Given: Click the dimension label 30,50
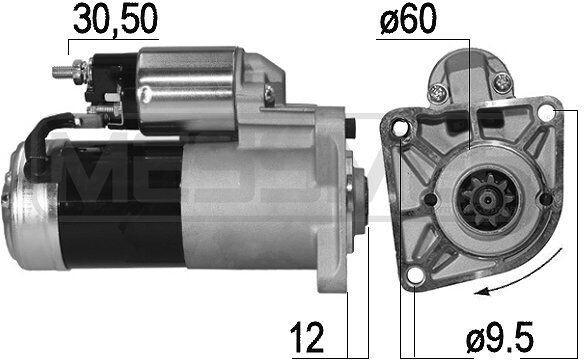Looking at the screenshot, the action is pos(115,19).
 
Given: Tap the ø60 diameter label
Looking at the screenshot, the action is pos(408,19).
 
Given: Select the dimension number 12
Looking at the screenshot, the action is pos(307,337).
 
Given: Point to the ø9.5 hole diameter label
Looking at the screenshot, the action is pos(500,337).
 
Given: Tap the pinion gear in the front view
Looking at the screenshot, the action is pos(486,200).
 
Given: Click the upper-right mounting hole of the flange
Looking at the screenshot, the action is pos(547,112).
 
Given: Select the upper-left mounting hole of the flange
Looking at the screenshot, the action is pos(400,128).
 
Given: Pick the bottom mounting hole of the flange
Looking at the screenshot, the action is pos(415,276).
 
